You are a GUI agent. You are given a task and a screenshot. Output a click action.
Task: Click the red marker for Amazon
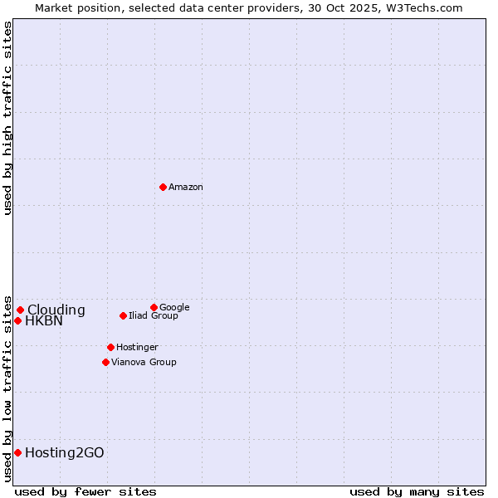pos(163,187)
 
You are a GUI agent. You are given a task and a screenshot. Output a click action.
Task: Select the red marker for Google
pos(154,307)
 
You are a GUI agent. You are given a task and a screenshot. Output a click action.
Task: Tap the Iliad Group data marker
pos(123,315)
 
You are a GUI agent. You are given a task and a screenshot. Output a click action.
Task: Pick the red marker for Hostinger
pos(110,347)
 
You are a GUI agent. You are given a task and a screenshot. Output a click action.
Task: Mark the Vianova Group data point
pos(105,362)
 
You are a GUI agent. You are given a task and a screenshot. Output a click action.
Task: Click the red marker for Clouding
pos(20,310)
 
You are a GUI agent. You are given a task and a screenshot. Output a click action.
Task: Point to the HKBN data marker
pos(17,320)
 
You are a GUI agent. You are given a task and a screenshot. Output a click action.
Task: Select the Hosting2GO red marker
pos(17,452)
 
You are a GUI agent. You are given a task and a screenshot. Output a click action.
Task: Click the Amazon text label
pos(186,188)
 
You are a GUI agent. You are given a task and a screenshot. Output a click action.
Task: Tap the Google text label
pos(174,308)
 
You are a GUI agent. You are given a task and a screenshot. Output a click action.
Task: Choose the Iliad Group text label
pos(154,316)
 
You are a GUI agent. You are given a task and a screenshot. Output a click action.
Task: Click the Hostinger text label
pos(137,348)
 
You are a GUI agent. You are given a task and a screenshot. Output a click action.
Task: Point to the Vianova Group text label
pos(144,363)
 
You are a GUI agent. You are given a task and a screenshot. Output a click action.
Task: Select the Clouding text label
pos(56,310)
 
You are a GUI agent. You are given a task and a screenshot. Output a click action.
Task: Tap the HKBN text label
pos(44,321)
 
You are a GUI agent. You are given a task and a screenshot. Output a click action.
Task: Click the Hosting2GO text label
pos(65,453)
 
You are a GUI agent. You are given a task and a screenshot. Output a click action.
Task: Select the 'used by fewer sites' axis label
pos(85,491)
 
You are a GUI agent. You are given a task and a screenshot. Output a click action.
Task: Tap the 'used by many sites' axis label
pos(417,491)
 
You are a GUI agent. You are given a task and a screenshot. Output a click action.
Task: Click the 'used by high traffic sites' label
pos(7,119)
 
